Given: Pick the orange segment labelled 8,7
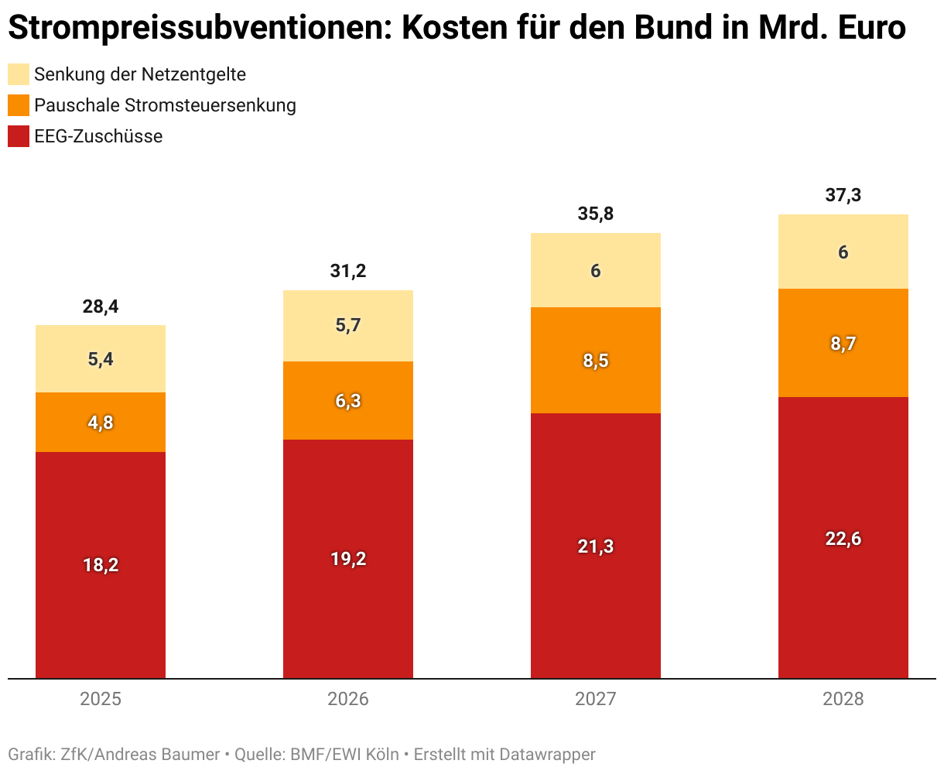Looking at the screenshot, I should tap(843, 344).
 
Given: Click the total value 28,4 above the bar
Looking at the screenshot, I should tap(101, 307).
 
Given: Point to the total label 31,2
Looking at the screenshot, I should tap(348, 272).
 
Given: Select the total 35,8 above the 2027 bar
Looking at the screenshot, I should tap(596, 214).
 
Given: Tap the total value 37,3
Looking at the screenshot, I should tap(843, 196).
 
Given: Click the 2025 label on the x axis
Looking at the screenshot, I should tap(101, 700).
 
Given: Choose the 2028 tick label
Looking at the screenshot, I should tap(843, 700).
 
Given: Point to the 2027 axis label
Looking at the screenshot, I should tap(596, 700).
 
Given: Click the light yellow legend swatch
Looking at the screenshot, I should tap(19, 74).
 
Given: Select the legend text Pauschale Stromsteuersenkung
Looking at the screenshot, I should tap(165, 105).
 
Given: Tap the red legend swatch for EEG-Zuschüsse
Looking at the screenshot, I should tap(19, 136).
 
